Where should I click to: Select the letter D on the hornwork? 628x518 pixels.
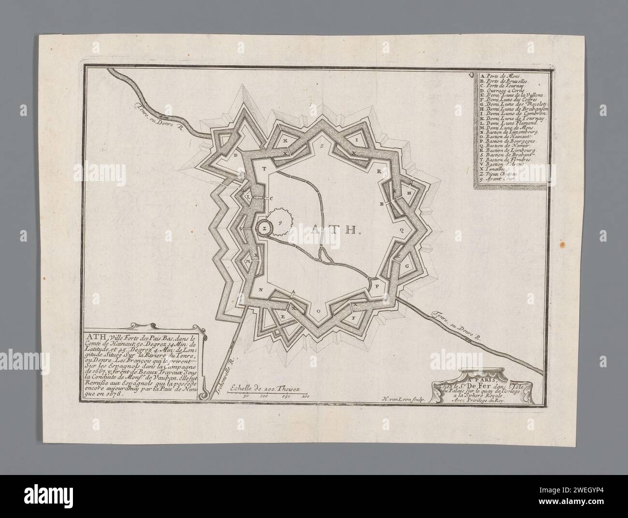[x=236, y=156]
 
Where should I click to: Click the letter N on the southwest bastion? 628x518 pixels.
[x=261, y=290]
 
